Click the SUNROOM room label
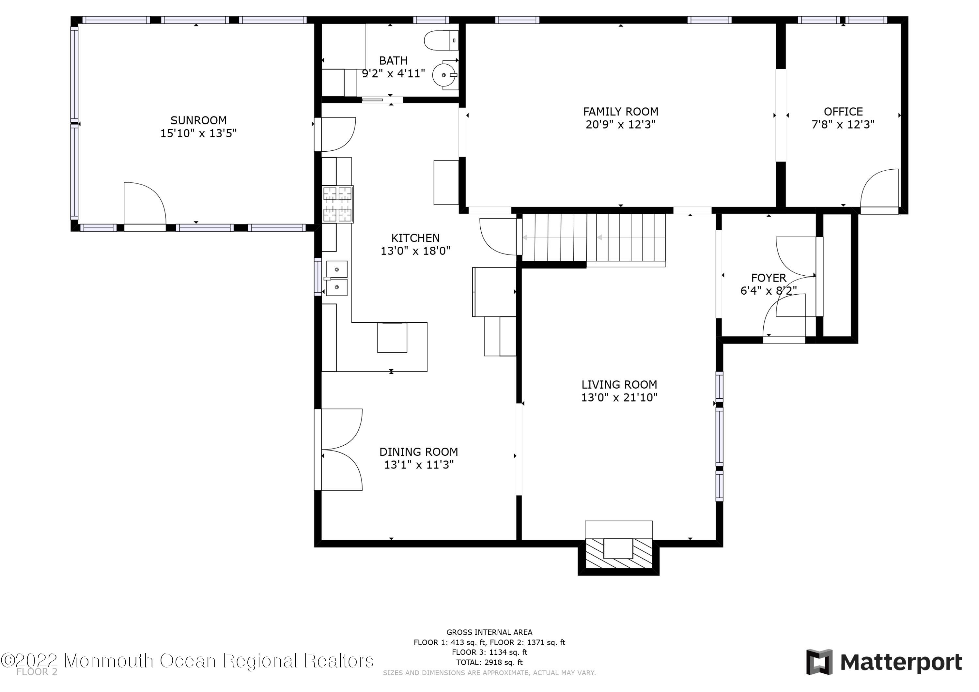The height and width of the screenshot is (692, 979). [x=198, y=121]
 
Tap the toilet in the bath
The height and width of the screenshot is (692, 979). [x=441, y=40]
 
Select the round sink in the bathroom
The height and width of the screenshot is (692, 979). [x=444, y=75]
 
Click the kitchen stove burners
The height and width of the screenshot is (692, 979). [x=338, y=204]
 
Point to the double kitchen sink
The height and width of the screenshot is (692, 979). [x=336, y=278]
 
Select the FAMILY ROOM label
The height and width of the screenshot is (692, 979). [x=620, y=112]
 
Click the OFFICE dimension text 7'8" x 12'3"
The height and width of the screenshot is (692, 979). [x=843, y=125]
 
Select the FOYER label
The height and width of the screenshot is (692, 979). [x=769, y=278]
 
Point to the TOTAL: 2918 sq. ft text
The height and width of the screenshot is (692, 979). [x=489, y=662]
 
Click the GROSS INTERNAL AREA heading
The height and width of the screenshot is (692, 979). [x=489, y=632]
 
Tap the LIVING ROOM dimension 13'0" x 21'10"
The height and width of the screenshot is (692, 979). [x=619, y=397]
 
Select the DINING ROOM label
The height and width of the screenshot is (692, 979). [x=419, y=452]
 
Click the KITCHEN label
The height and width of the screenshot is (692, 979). [x=415, y=238]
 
